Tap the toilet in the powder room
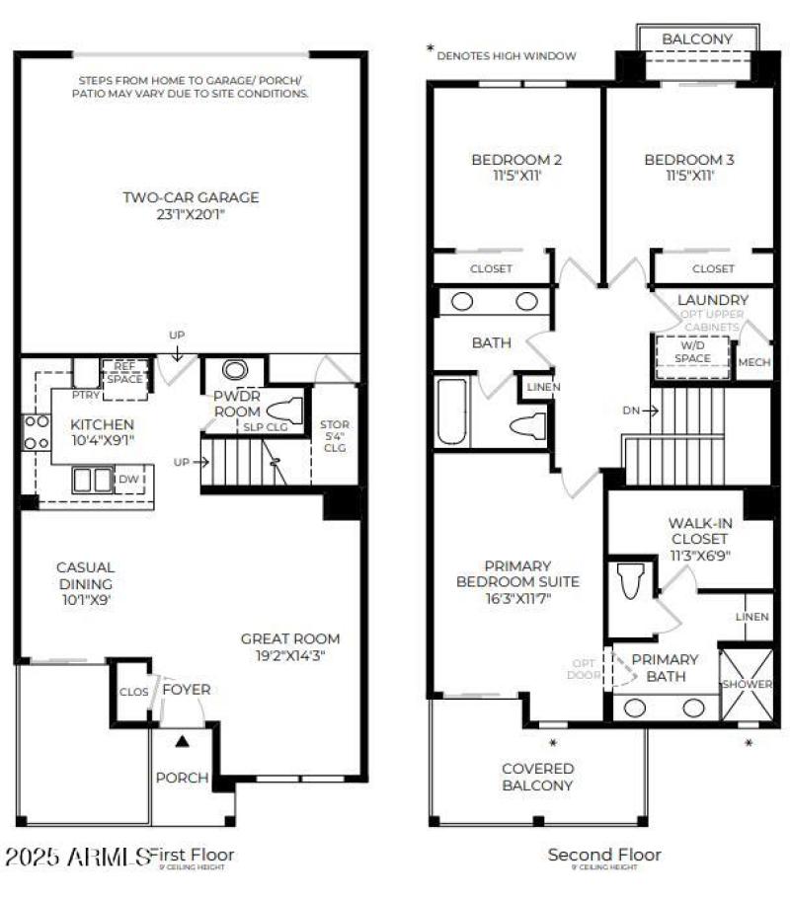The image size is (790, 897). coord(283,409)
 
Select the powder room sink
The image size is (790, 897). coord(235,370)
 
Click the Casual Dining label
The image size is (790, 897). coord(85,575)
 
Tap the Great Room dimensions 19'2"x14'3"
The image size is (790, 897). coord(290,655)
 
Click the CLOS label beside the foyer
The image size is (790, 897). coord(132,692)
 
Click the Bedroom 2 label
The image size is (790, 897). coord(516,160)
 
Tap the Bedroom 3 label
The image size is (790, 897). coord(688,160)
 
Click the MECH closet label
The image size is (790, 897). coord(753,362)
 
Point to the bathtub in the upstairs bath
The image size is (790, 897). coord(453,413)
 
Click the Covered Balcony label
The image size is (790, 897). coord(537,777)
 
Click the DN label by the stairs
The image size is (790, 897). coord(632,410)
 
